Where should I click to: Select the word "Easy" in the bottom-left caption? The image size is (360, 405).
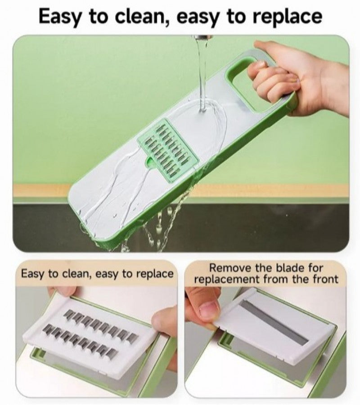(x=33, y=274)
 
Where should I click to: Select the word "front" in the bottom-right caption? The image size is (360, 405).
(x=323, y=279)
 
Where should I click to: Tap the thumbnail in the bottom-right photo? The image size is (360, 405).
(x=208, y=310)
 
